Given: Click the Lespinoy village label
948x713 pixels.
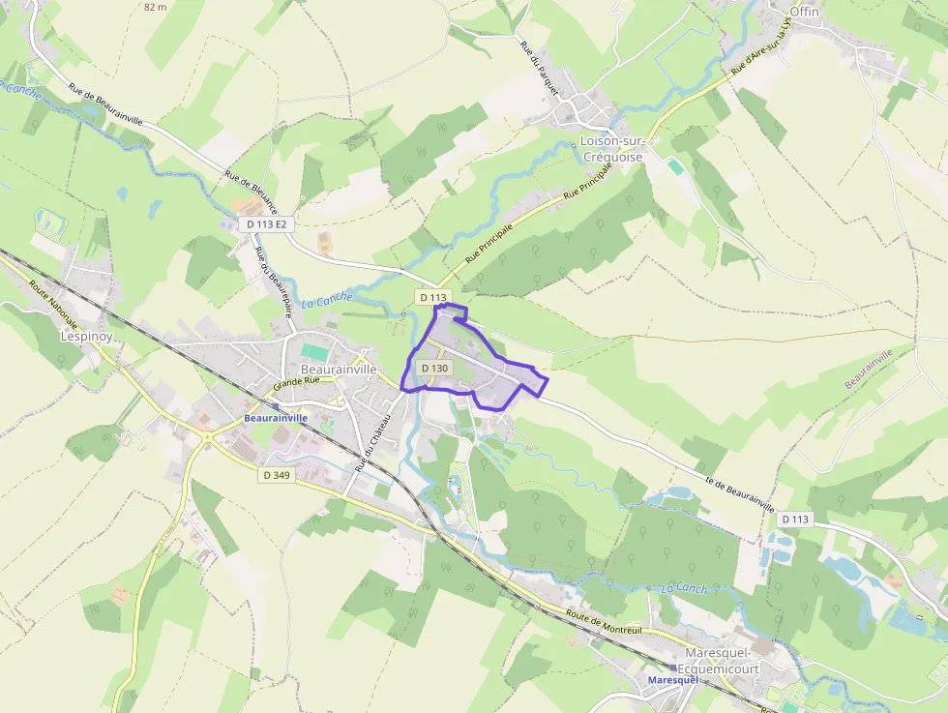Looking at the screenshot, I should [86, 337].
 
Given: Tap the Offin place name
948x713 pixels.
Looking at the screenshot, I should [804, 12].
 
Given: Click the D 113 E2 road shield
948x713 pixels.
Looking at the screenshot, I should [267, 223].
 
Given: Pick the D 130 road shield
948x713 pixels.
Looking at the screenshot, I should [435, 369].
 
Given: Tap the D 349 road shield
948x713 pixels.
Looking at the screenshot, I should [276, 475].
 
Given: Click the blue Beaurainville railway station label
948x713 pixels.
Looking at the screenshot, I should [276, 418].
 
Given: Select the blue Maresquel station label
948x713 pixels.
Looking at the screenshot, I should [672, 680].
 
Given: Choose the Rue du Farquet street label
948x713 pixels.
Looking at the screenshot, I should [540, 67].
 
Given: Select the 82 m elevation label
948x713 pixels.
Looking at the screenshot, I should [155, 7].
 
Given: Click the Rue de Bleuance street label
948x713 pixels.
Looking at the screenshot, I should [251, 193].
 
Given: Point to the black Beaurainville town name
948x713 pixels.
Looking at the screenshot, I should [339, 370].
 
